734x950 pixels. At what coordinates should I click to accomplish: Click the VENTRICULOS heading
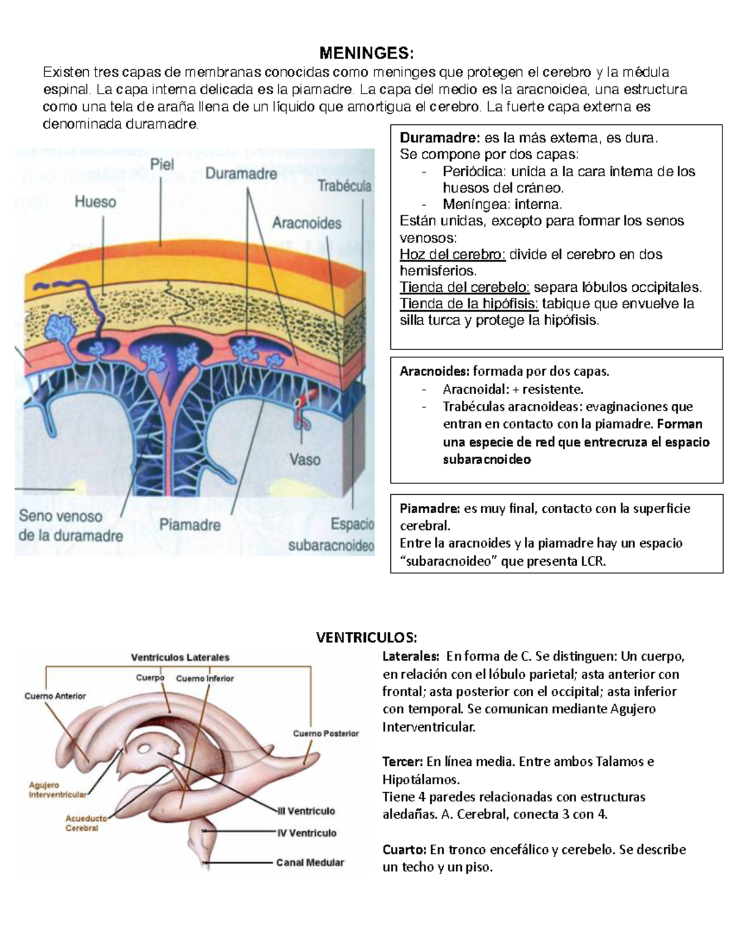point(366,637)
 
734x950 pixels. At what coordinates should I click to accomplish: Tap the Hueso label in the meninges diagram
point(95,201)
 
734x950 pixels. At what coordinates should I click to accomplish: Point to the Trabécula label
point(344,186)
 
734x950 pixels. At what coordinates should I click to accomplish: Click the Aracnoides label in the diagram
point(306,223)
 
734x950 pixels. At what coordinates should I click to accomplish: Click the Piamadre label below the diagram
point(190,524)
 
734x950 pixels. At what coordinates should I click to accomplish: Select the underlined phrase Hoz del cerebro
point(453,254)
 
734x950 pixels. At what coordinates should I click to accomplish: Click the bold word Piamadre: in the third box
point(429,508)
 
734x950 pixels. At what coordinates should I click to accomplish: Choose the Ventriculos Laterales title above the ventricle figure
point(180,657)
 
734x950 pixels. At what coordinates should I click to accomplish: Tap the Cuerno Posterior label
point(325,733)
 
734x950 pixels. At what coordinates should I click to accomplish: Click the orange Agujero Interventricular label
point(57,790)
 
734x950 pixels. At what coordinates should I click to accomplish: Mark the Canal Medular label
point(310,863)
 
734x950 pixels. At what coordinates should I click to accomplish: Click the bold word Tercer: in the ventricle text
point(402,762)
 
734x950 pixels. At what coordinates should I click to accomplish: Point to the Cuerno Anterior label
point(55,696)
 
